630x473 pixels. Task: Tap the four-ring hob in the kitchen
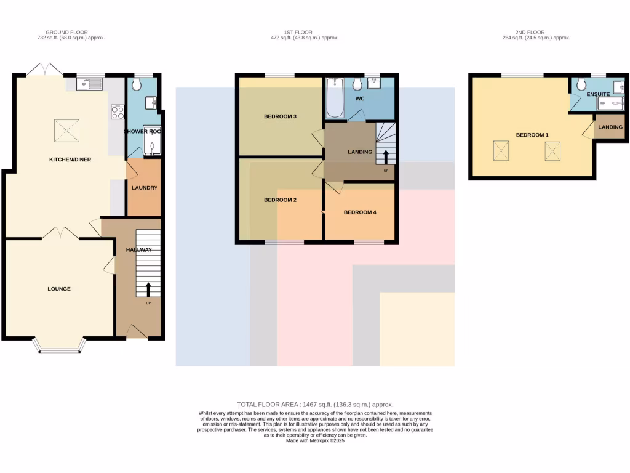coord(118,112)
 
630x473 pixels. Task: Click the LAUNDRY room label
coord(144,188)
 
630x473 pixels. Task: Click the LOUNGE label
coord(59,289)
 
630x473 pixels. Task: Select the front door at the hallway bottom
coord(137,333)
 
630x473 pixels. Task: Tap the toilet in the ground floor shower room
coord(137,84)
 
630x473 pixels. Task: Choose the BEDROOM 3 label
coord(281,116)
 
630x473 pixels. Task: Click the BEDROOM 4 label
coord(359,212)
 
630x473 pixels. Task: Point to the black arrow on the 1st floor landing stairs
coord(386,156)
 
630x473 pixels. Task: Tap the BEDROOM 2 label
coord(281,200)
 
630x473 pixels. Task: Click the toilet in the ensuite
coord(581,84)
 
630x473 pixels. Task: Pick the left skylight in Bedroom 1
coord(502,150)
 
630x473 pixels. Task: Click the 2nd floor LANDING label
coord(610,127)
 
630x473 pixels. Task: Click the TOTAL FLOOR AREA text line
coord(315,404)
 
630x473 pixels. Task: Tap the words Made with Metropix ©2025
coord(315,440)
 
